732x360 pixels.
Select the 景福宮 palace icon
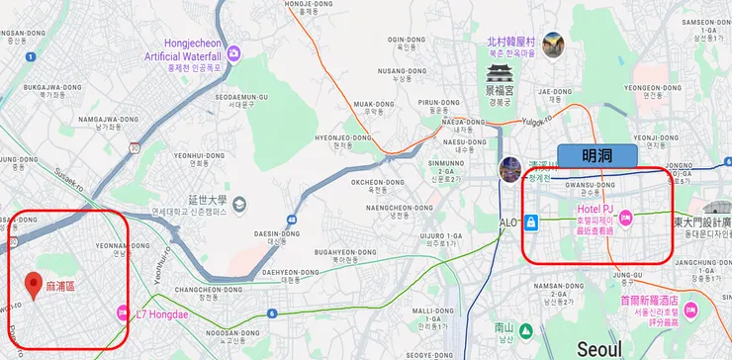pos(498,74)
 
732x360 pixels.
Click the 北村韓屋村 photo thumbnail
pos(553,45)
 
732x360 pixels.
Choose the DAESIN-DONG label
pos(276,233)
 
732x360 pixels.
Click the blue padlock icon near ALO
pos(531,221)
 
